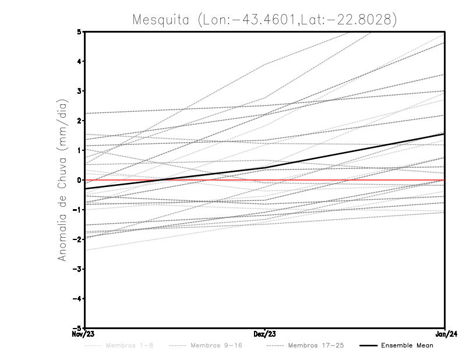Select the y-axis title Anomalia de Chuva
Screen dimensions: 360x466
point(61,179)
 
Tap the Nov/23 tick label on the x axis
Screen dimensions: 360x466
point(84,334)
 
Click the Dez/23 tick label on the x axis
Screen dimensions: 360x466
point(265,334)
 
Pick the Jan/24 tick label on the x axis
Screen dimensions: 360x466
point(445,334)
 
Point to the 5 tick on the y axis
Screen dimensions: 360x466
point(79,31)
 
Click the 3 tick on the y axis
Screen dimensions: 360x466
point(79,91)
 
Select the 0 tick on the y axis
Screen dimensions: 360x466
point(79,180)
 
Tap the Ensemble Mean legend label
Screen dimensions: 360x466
point(407,345)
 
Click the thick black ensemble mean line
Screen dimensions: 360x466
point(349,151)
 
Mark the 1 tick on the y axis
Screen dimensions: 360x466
point(79,150)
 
